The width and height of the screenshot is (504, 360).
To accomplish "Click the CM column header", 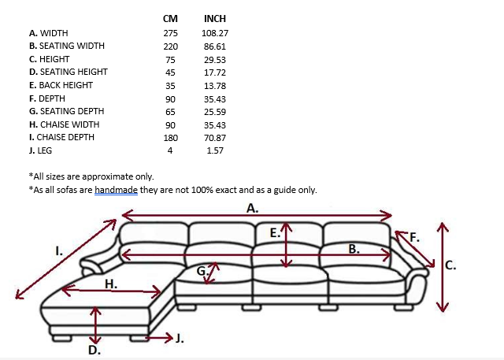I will click(170, 18).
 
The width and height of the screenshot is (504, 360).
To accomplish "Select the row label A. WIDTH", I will click(48, 33).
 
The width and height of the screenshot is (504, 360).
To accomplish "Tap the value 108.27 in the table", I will click(214, 33).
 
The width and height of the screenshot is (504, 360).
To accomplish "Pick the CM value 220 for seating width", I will click(170, 46).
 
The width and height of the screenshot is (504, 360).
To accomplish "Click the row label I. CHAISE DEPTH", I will click(61, 137).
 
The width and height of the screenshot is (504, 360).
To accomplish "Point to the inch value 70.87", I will click(214, 137).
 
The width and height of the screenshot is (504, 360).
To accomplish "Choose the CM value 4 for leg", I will click(170, 150).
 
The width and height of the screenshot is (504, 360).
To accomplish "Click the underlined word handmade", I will click(114, 190).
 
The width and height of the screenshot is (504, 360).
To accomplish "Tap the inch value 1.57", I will click(214, 150).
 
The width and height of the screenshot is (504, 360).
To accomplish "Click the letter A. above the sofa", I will click(253, 208).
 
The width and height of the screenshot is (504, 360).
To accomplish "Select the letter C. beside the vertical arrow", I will click(450, 265).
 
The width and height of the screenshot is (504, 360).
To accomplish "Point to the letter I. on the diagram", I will click(59, 251).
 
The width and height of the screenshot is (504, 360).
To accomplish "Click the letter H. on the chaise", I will click(112, 284).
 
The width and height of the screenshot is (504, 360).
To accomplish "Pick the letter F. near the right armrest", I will click(414, 236).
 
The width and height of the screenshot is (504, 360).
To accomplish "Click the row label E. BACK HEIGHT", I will click(61, 85).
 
